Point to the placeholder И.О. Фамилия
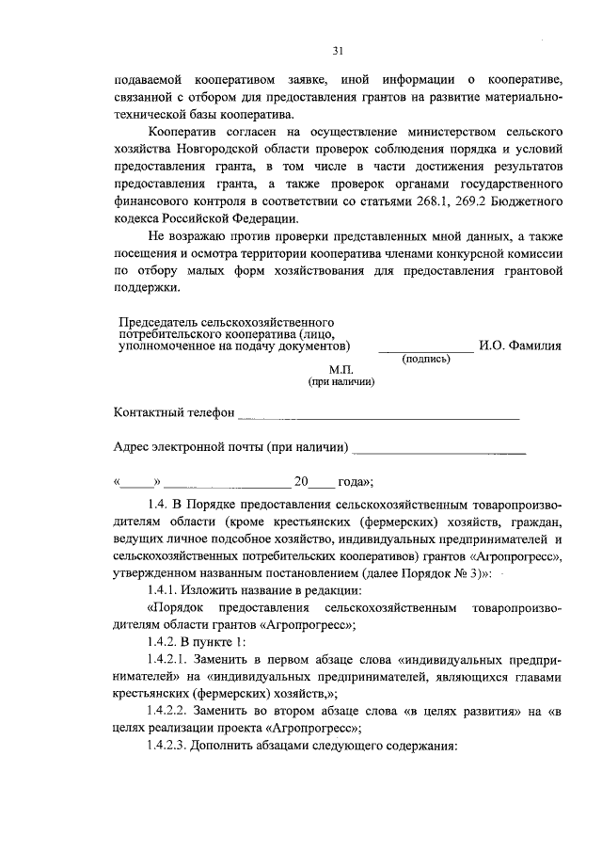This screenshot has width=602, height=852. [x=520, y=346]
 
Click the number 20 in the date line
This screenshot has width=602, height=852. [x=301, y=482]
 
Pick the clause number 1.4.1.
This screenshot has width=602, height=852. [x=166, y=590]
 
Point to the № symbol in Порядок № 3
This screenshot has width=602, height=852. [x=463, y=573]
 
